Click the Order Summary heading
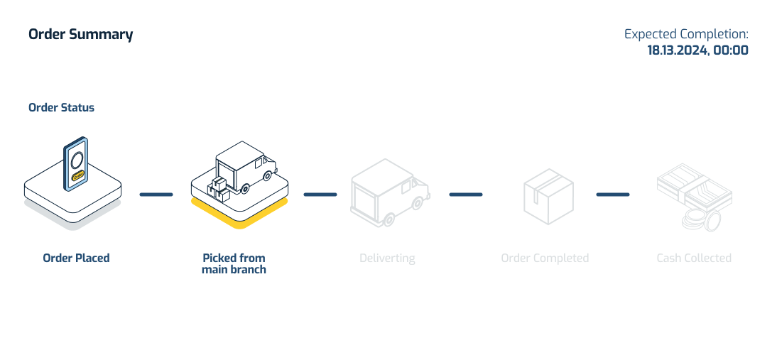pyautogui.click(x=80, y=34)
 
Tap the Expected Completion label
pyautogui.click(x=686, y=34)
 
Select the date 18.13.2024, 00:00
pyautogui.click(x=697, y=50)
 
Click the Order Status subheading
pyautogui.click(x=61, y=108)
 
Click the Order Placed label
pyautogui.click(x=76, y=258)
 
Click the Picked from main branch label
pyautogui.click(x=234, y=263)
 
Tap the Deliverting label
pyautogui.click(x=387, y=258)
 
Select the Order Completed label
pyautogui.click(x=545, y=258)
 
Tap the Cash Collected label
pyautogui.click(x=694, y=258)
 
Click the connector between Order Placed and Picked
pyautogui.click(x=156, y=195)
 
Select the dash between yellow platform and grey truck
pyautogui.click(x=320, y=195)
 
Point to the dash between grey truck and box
pyautogui.click(x=466, y=195)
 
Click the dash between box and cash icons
pyautogui.click(x=613, y=195)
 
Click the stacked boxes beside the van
pyautogui.click(x=218, y=187)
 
